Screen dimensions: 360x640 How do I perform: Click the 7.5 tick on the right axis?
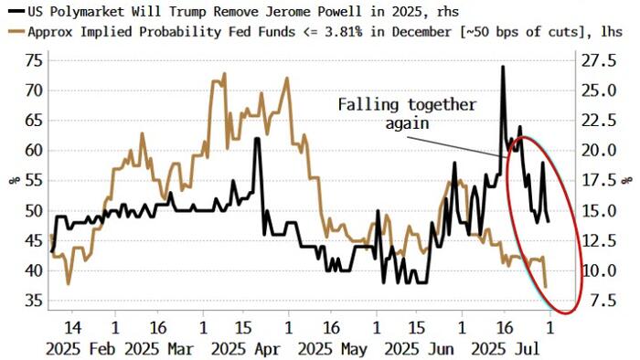596,301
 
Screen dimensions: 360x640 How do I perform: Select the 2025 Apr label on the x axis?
244,348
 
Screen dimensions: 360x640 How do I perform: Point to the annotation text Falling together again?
407,112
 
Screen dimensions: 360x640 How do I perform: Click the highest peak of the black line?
502,67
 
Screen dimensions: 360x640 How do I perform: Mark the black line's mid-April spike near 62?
258,139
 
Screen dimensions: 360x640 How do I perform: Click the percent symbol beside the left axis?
13,180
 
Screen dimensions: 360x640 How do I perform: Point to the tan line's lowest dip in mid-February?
69,283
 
